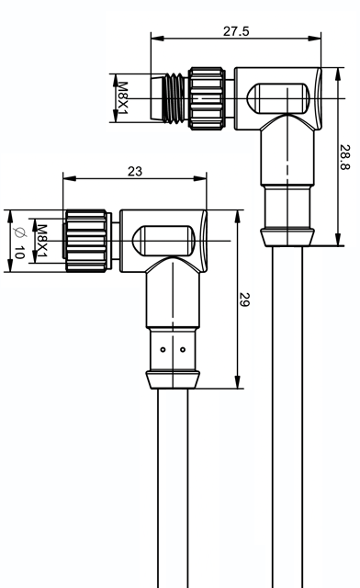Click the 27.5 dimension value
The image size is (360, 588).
(x=236, y=31)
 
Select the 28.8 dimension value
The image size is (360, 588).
(x=345, y=157)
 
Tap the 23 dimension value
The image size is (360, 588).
(x=135, y=172)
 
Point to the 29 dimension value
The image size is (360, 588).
(x=244, y=300)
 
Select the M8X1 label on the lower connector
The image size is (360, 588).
(x=41, y=241)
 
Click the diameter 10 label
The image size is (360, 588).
(x=18, y=243)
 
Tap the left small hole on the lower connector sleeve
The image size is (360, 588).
(x=163, y=350)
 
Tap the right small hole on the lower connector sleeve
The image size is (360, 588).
(x=183, y=350)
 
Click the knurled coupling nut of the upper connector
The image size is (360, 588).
(x=207, y=98)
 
